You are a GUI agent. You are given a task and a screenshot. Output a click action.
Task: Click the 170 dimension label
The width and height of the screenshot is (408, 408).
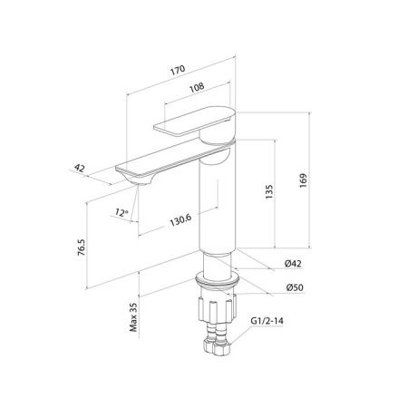pos(178,70)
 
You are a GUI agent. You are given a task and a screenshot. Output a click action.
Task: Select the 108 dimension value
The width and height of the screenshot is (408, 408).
pos(197,87)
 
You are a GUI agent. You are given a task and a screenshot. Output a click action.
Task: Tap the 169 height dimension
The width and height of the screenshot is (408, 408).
pos(303,180)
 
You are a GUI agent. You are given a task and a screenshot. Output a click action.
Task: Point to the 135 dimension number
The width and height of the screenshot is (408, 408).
pos(268,191)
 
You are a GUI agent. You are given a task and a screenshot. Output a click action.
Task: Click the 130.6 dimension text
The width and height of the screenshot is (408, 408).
pos(180,220)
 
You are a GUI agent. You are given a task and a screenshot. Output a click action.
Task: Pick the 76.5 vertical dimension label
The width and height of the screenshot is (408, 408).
pos(82,248)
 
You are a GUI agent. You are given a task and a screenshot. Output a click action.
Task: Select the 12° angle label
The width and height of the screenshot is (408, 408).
pos(121,212)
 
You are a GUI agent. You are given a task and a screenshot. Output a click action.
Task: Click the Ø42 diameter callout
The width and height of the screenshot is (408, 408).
pos(293,264)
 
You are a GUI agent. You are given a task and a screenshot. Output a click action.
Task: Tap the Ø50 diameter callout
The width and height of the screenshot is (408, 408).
pos(295,287)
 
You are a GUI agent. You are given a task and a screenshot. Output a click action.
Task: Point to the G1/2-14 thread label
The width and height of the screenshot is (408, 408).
pos(267,321)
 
